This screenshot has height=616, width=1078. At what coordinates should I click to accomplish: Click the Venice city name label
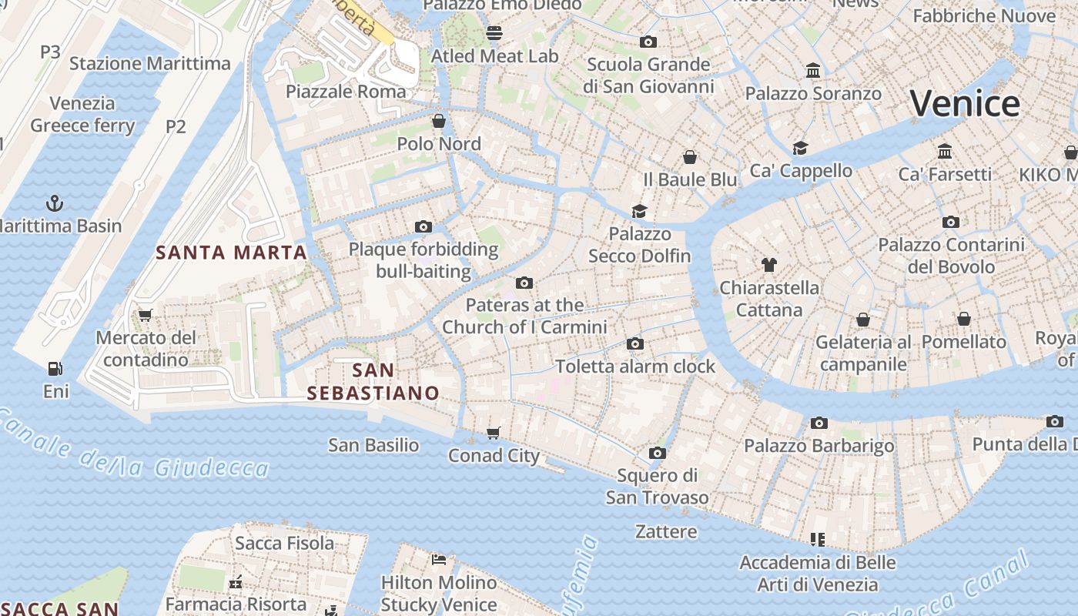click(x=965, y=104)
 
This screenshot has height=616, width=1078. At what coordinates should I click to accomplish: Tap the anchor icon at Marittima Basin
click(x=55, y=203)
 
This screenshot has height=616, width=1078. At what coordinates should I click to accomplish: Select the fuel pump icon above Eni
click(x=55, y=369)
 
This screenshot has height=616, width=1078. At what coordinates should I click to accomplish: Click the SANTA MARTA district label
click(x=231, y=253)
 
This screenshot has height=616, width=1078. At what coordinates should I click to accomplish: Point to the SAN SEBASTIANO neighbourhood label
click(x=373, y=382)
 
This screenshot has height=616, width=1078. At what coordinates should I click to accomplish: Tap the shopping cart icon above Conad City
click(x=494, y=433)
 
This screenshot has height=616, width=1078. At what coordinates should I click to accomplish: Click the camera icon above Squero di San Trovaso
click(x=657, y=453)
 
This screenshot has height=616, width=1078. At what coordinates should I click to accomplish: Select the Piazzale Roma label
click(x=346, y=92)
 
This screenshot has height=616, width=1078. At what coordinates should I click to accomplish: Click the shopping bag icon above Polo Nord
click(x=439, y=121)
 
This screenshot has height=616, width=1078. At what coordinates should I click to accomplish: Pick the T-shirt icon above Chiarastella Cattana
click(x=768, y=265)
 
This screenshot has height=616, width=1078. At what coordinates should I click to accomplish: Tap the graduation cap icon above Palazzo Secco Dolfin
click(x=639, y=211)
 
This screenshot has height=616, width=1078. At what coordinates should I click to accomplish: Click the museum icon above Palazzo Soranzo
click(x=812, y=71)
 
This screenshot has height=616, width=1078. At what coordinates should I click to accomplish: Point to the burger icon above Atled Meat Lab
click(x=494, y=33)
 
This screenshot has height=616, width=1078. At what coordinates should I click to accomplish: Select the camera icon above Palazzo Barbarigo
click(x=819, y=423)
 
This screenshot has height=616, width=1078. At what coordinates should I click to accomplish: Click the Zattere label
click(x=666, y=531)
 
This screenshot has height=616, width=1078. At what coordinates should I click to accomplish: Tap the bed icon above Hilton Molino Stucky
click(x=439, y=559)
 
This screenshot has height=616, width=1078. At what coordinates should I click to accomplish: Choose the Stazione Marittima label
click(x=150, y=63)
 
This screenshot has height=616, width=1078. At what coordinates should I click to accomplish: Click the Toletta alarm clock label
click(x=635, y=366)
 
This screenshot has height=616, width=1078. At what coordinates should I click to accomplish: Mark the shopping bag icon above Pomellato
click(x=963, y=319)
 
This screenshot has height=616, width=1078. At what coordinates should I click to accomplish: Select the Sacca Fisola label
click(x=285, y=543)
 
